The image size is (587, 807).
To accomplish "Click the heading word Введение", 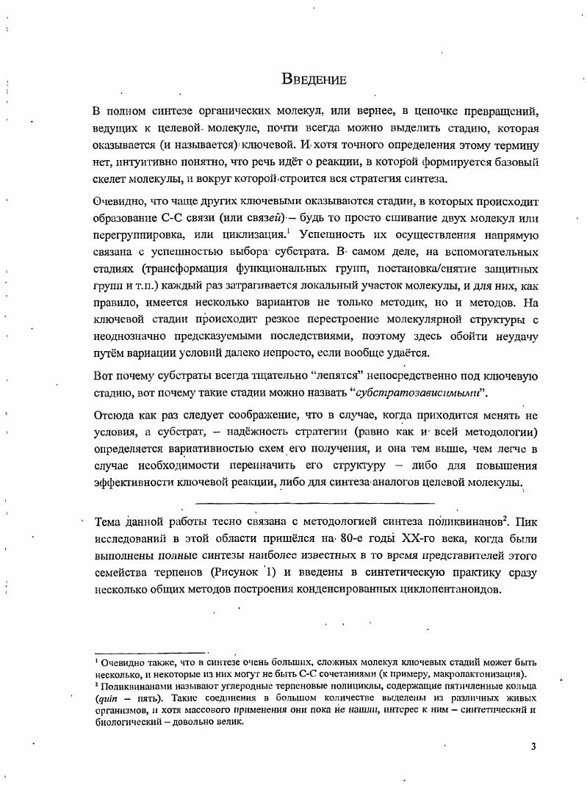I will coord(314,79).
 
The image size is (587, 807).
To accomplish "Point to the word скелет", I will coord(110,178).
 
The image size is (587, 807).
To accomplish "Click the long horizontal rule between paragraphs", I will coord(316,502).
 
